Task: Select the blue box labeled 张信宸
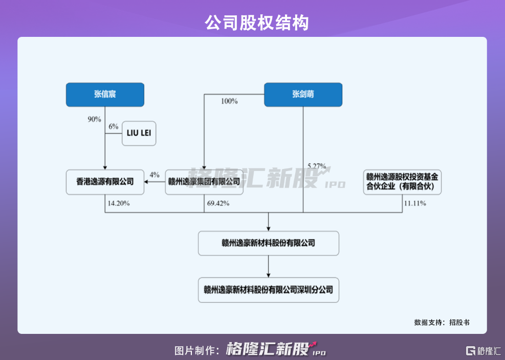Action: [105, 94]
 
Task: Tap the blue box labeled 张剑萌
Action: [303, 94]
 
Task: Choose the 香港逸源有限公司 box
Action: [105, 182]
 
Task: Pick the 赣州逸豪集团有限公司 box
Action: [204, 182]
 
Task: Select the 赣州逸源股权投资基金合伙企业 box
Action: [402, 182]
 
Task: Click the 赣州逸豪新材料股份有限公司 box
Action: [269, 243]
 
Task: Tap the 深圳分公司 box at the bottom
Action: [269, 290]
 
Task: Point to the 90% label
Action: [94, 119]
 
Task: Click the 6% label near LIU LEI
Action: [113, 126]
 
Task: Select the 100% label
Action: [229, 101]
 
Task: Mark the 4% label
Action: [155, 175]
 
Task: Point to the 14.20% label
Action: [118, 203]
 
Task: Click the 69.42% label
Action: [217, 203]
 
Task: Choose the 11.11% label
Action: [415, 203]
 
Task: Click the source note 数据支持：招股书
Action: [442, 323]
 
